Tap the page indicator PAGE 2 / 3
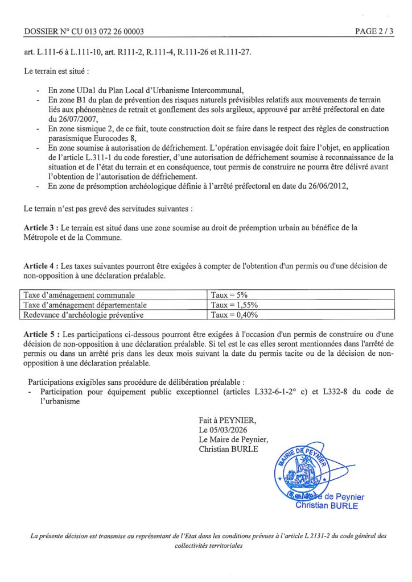[374, 32]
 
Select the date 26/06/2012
[327, 185]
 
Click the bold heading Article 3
[40, 228]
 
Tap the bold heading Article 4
[40, 265]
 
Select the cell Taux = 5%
[229, 295]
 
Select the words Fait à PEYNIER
[228, 420]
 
